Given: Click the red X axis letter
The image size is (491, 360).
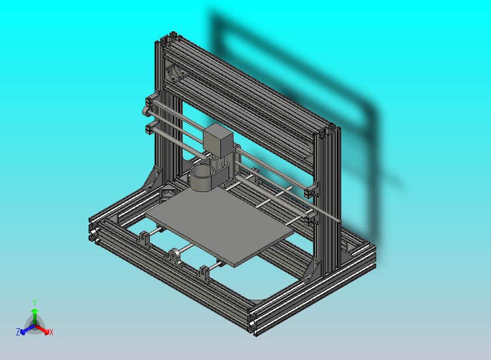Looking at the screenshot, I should pos(51,332).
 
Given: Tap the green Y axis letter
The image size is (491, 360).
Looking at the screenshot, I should pos(34,303).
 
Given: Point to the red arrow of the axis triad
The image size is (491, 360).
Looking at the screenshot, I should pos(44,329).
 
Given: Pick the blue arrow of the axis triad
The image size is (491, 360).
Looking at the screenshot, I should pos(25,329).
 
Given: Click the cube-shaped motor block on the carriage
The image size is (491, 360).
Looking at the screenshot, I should pos(218,140).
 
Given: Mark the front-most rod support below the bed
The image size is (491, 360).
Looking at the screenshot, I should pos(206,273).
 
